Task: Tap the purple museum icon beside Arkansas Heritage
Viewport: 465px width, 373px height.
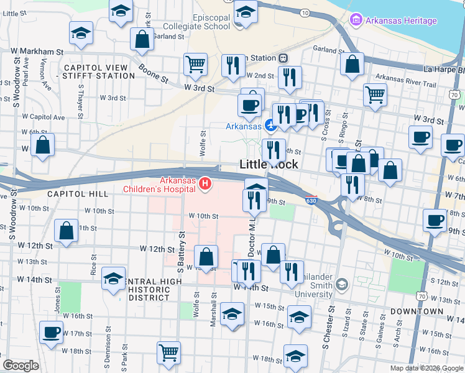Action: (x=356, y=21)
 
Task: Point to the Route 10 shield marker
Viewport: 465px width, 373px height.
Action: (x=304, y=12)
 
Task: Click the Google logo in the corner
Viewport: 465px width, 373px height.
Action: (x=21, y=365)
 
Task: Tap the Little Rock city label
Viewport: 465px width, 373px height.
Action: (x=269, y=165)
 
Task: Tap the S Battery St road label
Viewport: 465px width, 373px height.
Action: (x=182, y=252)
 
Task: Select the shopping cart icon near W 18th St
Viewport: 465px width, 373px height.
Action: (x=168, y=352)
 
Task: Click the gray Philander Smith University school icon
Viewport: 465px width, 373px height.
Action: (x=341, y=285)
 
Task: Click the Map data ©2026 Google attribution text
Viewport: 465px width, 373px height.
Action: (x=426, y=368)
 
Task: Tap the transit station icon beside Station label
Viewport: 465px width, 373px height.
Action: (x=283, y=58)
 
